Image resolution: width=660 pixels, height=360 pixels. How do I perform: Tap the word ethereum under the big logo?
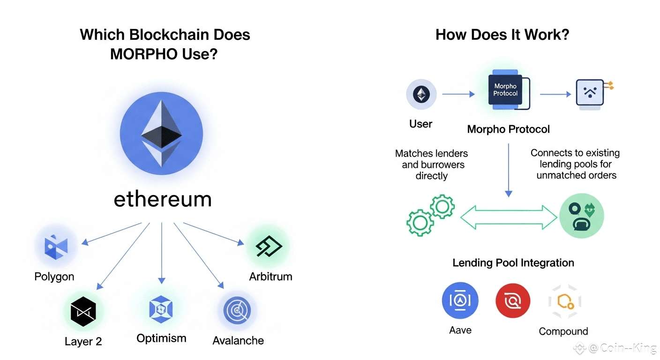pyautogui.click(x=162, y=199)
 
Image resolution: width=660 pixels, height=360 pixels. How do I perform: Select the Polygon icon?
pyautogui.click(x=56, y=247)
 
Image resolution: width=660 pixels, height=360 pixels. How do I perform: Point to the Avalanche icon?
pyautogui.click(x=237, y=310)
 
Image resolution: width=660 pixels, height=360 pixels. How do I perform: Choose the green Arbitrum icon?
pyautogui.click(x=269, y=246)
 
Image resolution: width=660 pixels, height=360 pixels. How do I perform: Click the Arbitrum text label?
pyautogui.click(x=270, y=277)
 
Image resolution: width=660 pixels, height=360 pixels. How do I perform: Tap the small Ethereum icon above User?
pyautogui.click(x=421, y=95)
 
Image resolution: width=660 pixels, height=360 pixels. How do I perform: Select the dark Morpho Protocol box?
pyautogui.click(x=505, y=90)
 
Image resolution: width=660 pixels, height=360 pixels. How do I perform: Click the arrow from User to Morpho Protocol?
pyautogui.click(x=458, y=94)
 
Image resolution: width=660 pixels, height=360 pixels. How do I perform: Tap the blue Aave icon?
pyautogui.click(x=460, y=300)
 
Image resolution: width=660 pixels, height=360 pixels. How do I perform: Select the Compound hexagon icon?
pyautogui.click(x=564, y=301)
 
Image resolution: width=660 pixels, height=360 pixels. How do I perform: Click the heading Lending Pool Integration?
pyautogui.click(x=513, y=263)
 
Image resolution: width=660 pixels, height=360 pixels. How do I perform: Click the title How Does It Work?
pyautogui.click(x=502, y=35)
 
